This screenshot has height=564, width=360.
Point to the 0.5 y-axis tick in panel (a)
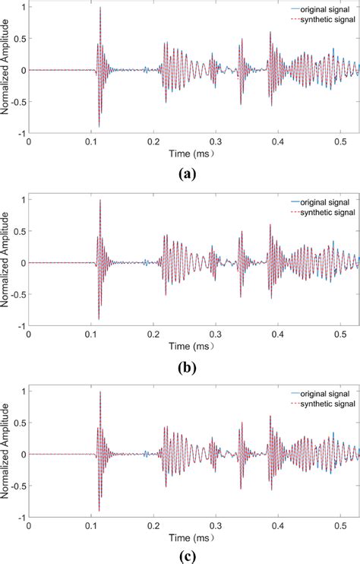click(21, 39)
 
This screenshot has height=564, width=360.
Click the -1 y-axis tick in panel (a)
click(22, 132)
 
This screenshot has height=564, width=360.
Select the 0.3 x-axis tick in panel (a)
click(216, 141)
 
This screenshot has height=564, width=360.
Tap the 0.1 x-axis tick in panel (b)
click(91, 333)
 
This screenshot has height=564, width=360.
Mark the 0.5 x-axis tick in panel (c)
click(340, 524)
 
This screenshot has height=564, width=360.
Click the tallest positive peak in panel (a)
click(100, 8)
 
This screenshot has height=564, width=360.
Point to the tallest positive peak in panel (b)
click(100, 200)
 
